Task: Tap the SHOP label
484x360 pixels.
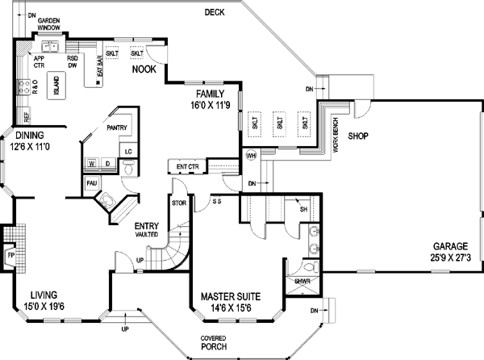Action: tap(358, 136)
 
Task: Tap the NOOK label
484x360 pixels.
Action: tap(145, 69)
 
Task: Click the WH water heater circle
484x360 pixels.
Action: tap(251, 155)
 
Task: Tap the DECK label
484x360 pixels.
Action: tap(214, 12)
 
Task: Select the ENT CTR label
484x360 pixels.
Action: tap(187, 167)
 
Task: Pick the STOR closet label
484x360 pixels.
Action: tap(179, 203)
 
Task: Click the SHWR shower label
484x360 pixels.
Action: tap(302, 282)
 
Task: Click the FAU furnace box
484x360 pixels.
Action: tap(92, 183)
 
